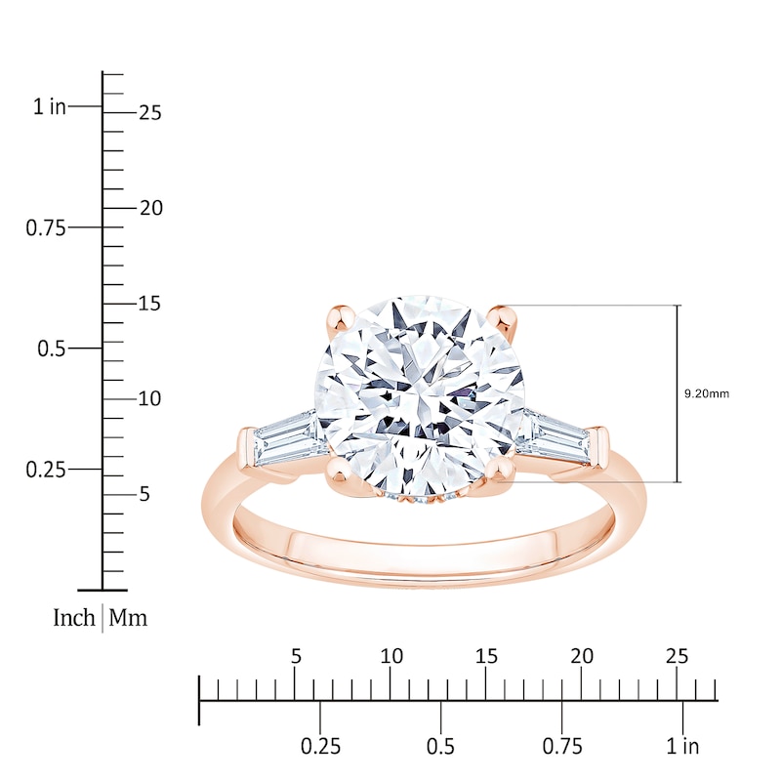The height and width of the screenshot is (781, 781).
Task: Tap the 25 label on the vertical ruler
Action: [x=149, y=112]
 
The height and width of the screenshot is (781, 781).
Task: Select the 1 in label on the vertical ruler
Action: [x=50, y=106]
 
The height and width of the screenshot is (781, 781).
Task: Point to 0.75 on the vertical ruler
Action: [x=45, y=227]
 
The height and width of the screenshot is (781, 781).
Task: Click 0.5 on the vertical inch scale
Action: [x=53, y=349]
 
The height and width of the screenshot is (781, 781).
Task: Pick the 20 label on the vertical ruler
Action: [x=149, y=208]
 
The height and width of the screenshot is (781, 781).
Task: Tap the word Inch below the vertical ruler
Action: [x=74, y=617]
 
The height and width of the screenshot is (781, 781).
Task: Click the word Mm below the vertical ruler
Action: [x=129, y=617]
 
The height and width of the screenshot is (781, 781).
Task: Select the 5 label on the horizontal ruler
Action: [x=297, y=655]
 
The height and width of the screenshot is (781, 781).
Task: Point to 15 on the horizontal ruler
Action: [x=486, y=655]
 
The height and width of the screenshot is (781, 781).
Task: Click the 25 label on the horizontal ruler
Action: [x=677, y=655]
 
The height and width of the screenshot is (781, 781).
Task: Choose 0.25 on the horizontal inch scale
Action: [x=320, y=747]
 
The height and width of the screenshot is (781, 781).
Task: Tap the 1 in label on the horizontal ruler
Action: [x=683, y=747]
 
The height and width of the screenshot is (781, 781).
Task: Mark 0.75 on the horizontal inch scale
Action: [x=562, y=747]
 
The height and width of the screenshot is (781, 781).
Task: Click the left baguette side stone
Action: [x=285, y=438]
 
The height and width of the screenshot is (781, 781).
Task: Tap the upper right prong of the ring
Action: [x=504, y=317]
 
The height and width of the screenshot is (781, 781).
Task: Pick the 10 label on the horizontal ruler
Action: [x=391, y=655]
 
